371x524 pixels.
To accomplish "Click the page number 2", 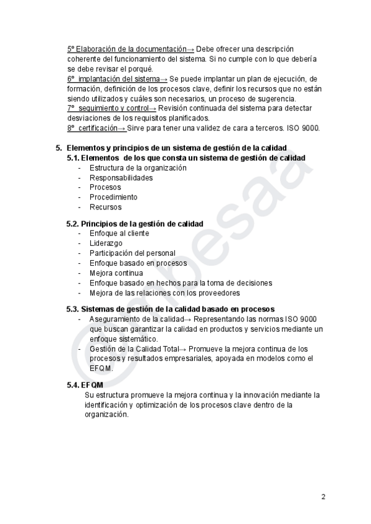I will point(323,496).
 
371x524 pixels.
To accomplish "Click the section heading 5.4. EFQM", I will point(85,385).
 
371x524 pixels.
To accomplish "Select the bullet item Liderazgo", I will point(106,243).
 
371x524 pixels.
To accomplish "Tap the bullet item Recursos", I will point(105,207).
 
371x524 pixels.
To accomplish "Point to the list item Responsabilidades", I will point(121,178).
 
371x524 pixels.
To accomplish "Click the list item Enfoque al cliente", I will point(119,234).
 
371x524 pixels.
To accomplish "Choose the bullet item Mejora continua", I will point(116,273).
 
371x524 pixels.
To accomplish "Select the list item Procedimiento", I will point(113,197).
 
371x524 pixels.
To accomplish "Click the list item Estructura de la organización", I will point(138,168).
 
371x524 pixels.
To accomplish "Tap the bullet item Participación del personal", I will point(132,253).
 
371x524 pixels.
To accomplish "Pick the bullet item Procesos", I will point(105,187).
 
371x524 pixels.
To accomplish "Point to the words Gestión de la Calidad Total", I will point(130,349).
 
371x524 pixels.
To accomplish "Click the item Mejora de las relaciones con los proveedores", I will point(164,293).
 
